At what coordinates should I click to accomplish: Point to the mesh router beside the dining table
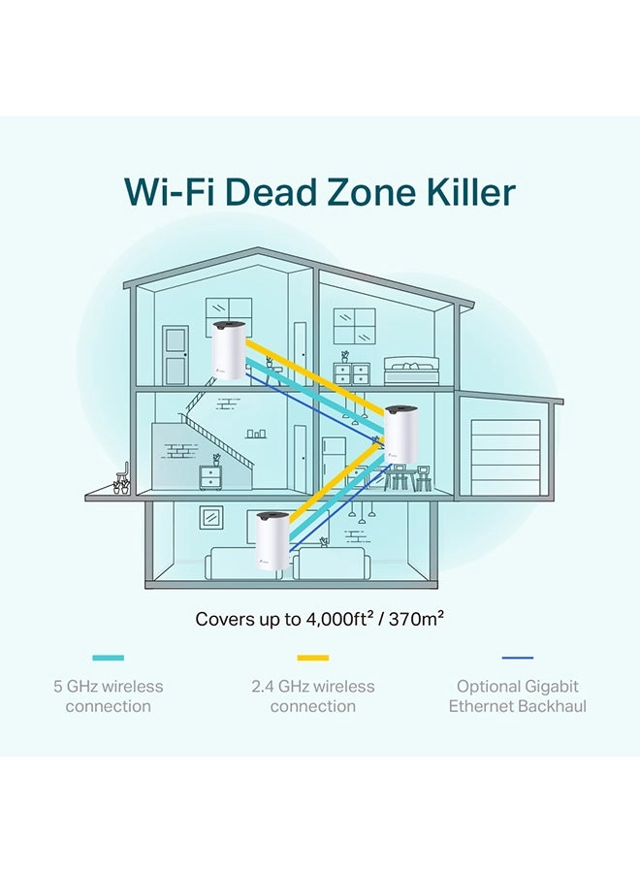point(401,434)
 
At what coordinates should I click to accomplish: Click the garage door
point(505,458)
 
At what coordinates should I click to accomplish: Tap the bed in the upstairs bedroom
point(411,372)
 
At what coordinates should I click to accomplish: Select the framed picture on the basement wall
point(211,518)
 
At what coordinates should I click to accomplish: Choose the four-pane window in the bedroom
point(355,326)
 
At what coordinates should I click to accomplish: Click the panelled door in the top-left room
point(176,355)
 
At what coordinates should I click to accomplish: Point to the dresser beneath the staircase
point(210,477)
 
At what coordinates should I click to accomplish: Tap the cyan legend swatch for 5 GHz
point(108,658)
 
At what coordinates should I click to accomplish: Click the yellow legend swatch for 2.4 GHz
point(313,658)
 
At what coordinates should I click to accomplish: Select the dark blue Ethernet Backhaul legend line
point(518,658)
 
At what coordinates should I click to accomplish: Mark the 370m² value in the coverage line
point(416,619)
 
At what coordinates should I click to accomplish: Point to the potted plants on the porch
point(122,486)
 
